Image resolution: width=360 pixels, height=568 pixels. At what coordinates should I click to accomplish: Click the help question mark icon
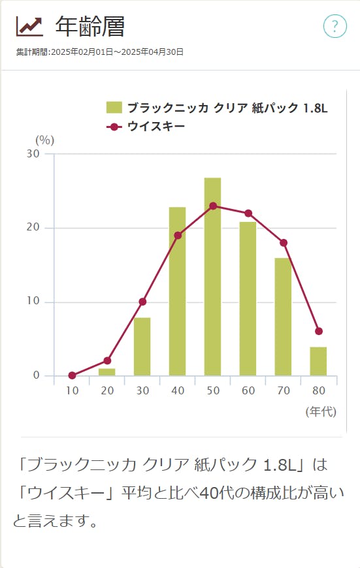point(335,26)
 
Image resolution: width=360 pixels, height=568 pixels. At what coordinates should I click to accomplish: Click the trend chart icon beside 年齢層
point(29,25)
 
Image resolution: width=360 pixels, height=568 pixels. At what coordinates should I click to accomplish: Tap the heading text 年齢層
point(90,26)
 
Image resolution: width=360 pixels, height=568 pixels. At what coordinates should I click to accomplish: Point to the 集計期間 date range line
point(100,52)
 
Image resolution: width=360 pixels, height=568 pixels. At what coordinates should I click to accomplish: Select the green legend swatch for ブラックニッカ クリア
point(114,108)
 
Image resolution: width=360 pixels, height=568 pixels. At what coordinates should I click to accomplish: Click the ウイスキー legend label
point(156,126)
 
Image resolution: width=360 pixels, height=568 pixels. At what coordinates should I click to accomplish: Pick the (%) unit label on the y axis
point(44,139)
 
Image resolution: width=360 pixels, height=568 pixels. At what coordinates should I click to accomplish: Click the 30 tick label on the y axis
point(33,154)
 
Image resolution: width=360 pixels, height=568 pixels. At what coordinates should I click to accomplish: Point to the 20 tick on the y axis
point(33,228)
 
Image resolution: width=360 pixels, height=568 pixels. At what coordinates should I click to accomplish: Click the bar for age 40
point(177,291)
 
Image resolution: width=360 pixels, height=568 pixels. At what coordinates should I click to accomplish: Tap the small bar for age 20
point(107,372)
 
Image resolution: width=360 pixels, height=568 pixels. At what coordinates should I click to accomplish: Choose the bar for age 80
point(318,361)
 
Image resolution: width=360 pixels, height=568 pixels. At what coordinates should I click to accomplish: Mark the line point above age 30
point(142,302)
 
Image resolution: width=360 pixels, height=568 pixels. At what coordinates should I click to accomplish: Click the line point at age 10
point(72,375)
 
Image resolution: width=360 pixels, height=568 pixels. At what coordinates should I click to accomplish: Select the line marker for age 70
point(283,243)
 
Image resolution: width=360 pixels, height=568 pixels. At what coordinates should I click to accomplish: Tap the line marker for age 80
point(318,331)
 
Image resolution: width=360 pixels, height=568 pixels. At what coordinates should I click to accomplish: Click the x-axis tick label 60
point(248,390)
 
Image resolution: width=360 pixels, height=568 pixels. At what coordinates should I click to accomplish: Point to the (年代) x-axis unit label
point(320,411)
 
